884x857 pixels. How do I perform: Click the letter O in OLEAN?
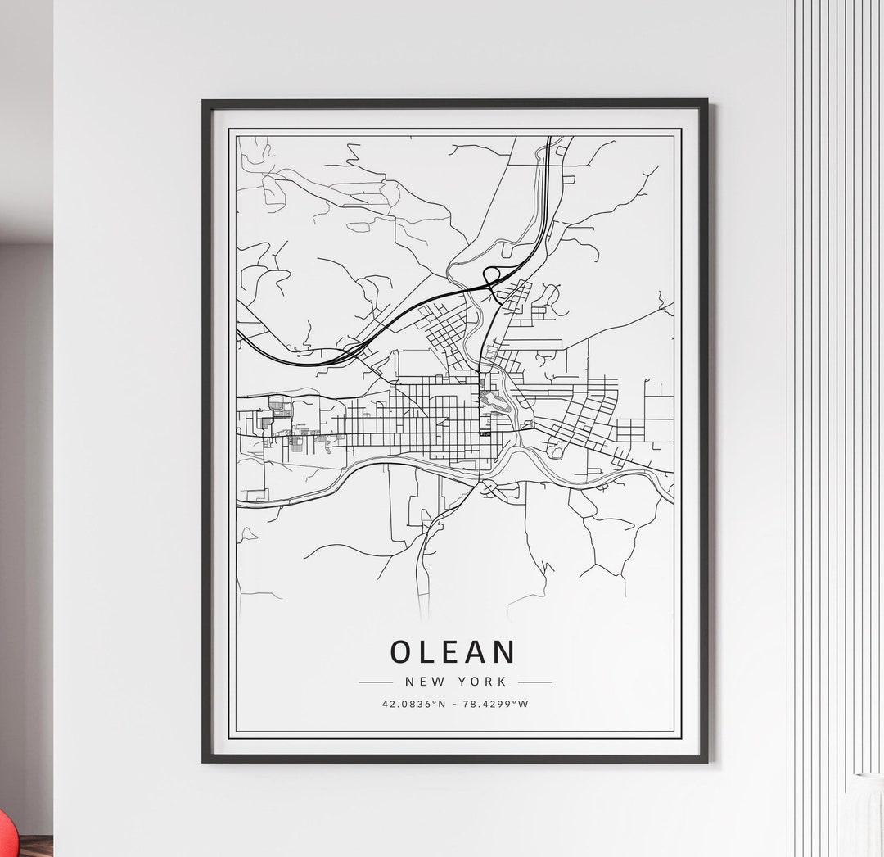pos(401,651)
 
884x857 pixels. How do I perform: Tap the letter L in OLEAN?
pos(426,651)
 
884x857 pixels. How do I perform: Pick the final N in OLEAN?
pos(505,651)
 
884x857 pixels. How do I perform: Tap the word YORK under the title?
pos(484,681)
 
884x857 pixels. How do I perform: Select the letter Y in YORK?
pos(464,681)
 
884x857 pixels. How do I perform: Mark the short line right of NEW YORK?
pos(535,681)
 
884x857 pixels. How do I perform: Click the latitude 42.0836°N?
pos(415,704)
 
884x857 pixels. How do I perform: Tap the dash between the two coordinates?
pos(455,704)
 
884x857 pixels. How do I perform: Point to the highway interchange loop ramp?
pos(492,274)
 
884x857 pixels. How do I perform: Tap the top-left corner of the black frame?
pos(204,102)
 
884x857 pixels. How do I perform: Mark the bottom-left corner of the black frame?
pos(204,760)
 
